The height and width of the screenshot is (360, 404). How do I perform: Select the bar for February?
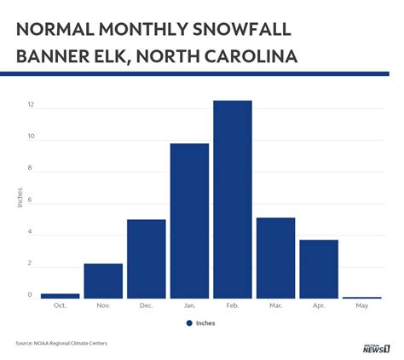point(233,200)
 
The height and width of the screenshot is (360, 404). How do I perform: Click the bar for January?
point(189,221)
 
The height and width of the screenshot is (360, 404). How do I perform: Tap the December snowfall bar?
point(146,258)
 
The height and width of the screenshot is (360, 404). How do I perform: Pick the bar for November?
point(103,281)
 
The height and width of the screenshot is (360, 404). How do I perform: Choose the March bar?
point(275,258)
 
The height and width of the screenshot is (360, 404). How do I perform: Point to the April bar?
point(319,269)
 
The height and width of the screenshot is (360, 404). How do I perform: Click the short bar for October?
point(60,296)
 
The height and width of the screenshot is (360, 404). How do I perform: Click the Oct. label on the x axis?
point(60,305)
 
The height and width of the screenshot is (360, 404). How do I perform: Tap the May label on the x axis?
point(361,305)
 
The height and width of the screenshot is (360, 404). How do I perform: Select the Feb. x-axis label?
point(233,305)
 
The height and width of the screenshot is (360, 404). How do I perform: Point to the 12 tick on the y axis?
point(30,106)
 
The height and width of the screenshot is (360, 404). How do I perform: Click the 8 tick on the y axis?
point(31,168)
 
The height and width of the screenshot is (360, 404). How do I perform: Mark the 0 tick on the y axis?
point(31,295)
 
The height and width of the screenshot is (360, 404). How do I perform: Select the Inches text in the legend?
point(205,323)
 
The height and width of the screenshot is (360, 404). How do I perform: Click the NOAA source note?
point(61,344)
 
